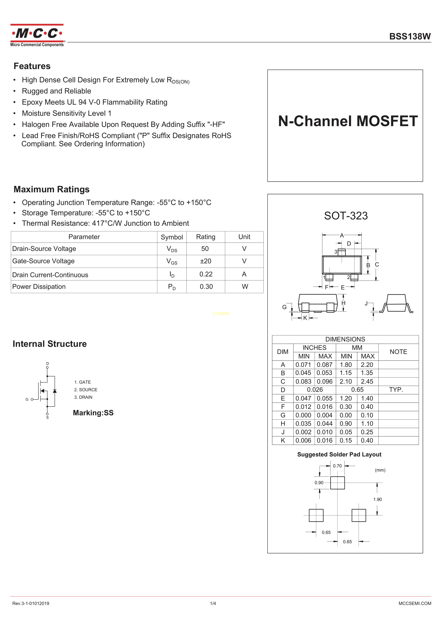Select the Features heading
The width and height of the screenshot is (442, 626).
(32, 66)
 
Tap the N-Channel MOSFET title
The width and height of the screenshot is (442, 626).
(348, 121)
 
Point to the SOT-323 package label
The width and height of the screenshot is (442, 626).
(346, 216)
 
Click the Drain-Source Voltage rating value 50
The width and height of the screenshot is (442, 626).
(205, 249)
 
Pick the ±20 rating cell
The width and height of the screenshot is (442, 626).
(206, 261)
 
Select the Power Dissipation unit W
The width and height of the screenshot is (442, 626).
(245, 287)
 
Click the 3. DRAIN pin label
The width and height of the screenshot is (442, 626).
(83, 397)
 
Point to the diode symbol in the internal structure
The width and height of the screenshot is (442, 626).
(55, 391)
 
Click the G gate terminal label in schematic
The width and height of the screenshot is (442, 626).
(27, 399)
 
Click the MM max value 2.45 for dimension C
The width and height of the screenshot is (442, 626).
(367, 381)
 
